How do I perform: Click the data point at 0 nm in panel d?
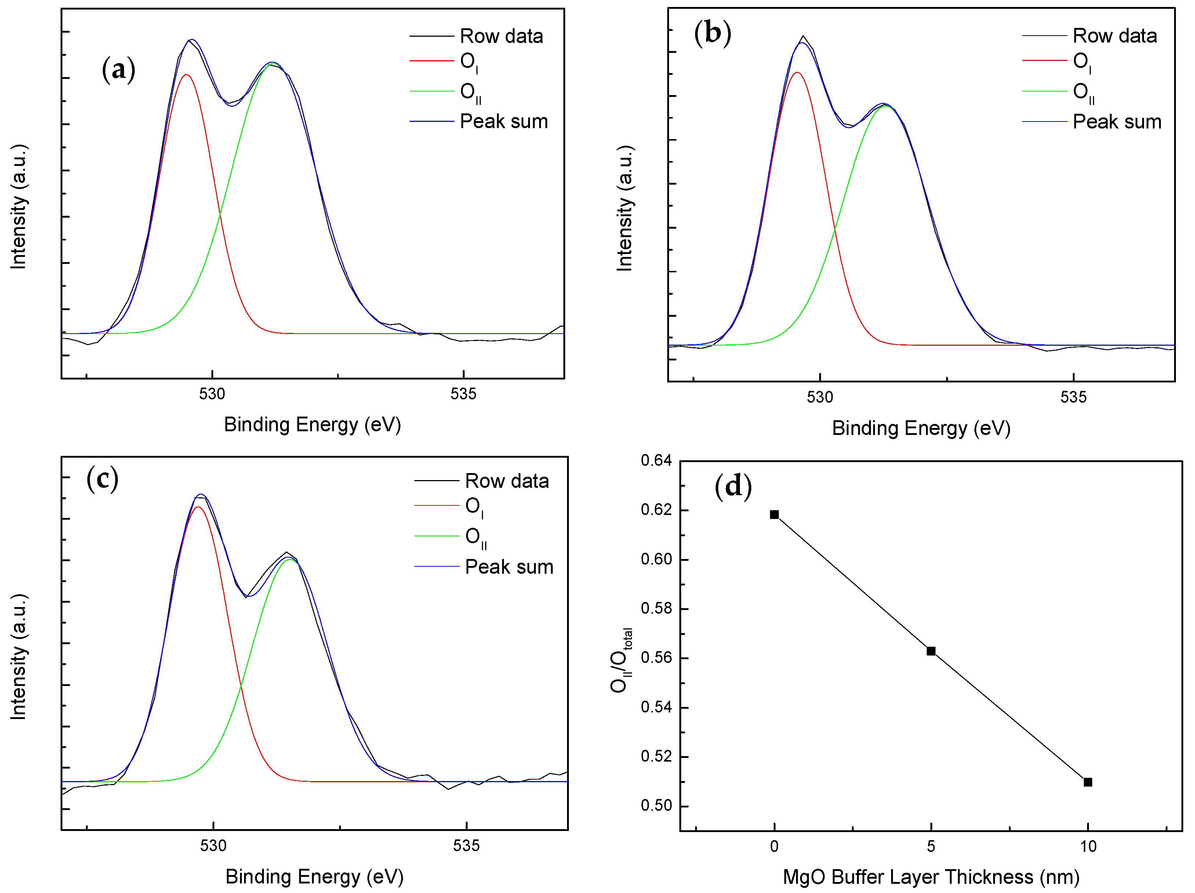pos(774,514)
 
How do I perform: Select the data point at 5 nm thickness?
pos(931,651)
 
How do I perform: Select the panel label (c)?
pos(102,479)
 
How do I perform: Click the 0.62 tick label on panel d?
pos(656,509)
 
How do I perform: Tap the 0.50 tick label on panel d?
pos(656,806)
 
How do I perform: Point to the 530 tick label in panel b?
pos(820,398)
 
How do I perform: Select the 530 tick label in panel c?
pos(213,845)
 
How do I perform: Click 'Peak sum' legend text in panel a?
pos(504,121)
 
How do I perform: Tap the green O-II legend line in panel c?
pos(436,536)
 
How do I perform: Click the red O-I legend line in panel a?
pos(432,61)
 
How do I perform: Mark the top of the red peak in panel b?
pos(797,72)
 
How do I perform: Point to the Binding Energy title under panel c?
pos(315,876)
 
